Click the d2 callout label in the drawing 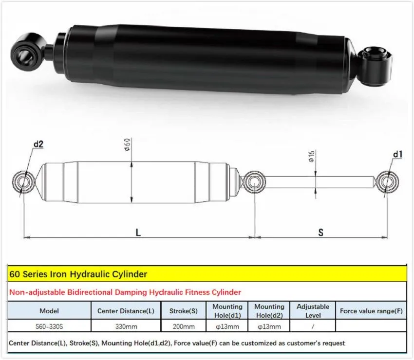click(x=38, y=144)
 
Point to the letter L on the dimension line click(x=138, y=232)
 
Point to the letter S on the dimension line click(x=321, y=232)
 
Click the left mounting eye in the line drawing click(x=23, y=182)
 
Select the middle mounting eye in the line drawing click(x=255, y=182)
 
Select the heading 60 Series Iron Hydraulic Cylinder click(x=78, y=274)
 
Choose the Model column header click(x=50, y=310)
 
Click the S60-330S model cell click(x=50, y=326)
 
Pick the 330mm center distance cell click(x=126, y=326)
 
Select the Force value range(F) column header click(x=371, y=310)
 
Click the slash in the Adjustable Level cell click(x=312, y=326)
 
